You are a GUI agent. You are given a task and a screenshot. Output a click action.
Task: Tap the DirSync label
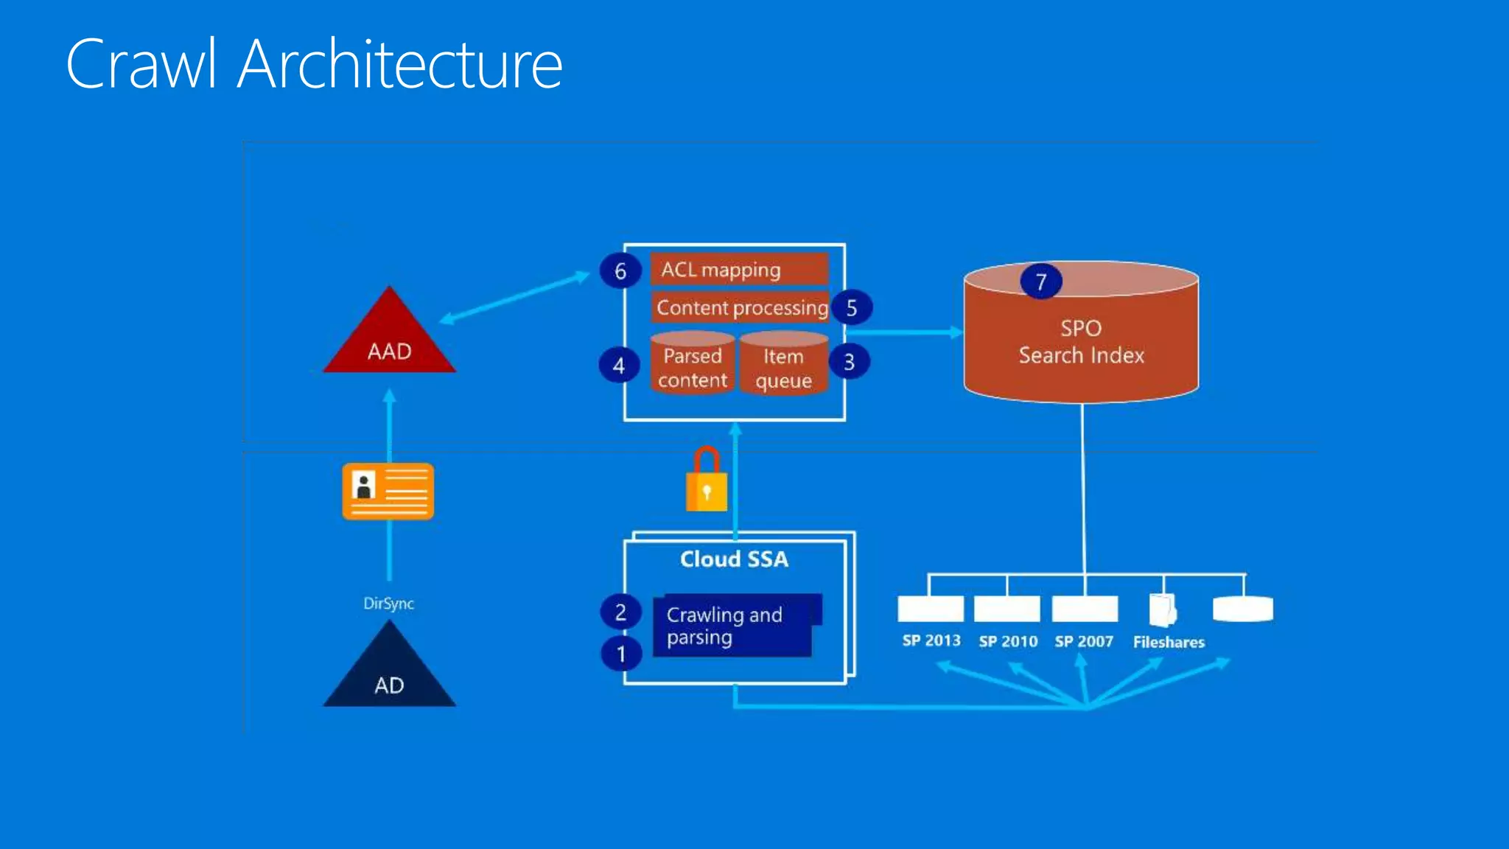coord(388,604)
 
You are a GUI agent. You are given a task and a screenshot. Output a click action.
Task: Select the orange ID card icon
coord(388,492)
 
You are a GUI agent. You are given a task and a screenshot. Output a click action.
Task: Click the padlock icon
coord(707,483)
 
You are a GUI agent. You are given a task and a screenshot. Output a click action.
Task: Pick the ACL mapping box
coord(739,270)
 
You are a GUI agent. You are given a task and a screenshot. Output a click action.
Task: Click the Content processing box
coord(741,307)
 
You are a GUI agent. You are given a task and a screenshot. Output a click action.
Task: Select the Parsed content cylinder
coord(693,364)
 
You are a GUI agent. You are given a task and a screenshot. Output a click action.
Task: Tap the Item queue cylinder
coord(783,365)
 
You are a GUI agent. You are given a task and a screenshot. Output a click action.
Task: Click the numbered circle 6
coord(620,271)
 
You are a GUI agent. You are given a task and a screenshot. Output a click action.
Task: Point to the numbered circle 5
coord(852,308)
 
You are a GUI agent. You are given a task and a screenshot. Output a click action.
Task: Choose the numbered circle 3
coord(849,362)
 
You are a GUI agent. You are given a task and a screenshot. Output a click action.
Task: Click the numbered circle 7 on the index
coord(1041,282)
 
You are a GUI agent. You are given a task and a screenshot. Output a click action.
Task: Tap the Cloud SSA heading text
coord(734,559)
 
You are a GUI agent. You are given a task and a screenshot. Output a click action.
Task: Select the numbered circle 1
coord(621,654)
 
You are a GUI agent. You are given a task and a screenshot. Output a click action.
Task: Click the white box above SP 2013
coord(931,609)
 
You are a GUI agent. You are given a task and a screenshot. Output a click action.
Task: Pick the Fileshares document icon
coord(1163,610)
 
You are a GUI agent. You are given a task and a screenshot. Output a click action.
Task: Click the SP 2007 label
coord(1084,641)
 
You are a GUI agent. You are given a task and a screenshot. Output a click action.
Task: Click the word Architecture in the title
coord(400,65)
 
